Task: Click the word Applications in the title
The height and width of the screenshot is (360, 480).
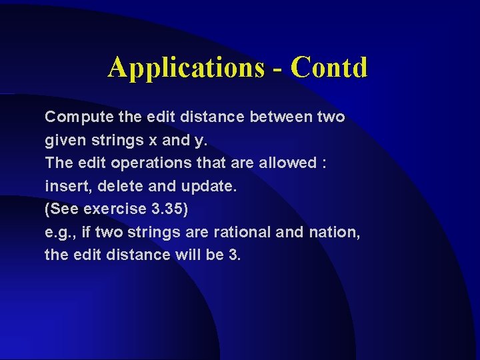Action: [x=185, y=68]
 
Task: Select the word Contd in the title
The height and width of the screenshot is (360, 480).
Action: [x=329, y=67]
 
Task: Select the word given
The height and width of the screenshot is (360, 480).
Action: [x=63, y=141]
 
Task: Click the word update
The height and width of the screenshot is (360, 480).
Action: [x=209, y=187]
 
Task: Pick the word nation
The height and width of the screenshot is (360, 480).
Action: [x=333, y=231]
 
